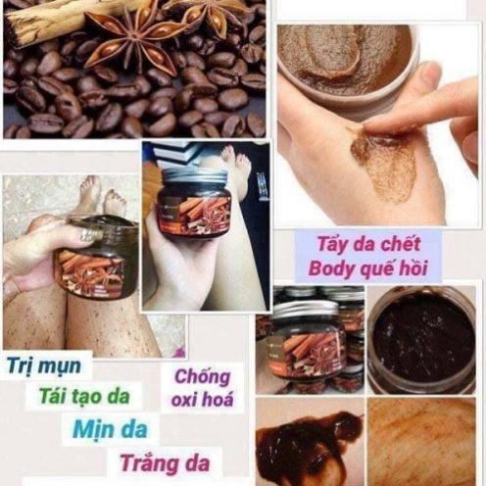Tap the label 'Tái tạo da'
tap(82, 396)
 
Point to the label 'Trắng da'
tap(164, 461)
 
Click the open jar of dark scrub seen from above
tap(422, 338)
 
